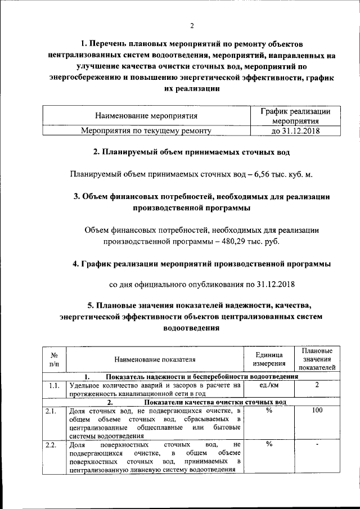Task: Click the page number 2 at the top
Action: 191,25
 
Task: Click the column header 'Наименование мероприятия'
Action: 146,116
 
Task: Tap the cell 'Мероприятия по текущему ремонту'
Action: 146,131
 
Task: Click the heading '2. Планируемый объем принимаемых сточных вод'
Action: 191,152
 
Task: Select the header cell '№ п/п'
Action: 55,360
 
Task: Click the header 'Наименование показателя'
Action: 155,360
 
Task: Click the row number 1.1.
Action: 54,386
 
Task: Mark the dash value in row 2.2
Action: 317,445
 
